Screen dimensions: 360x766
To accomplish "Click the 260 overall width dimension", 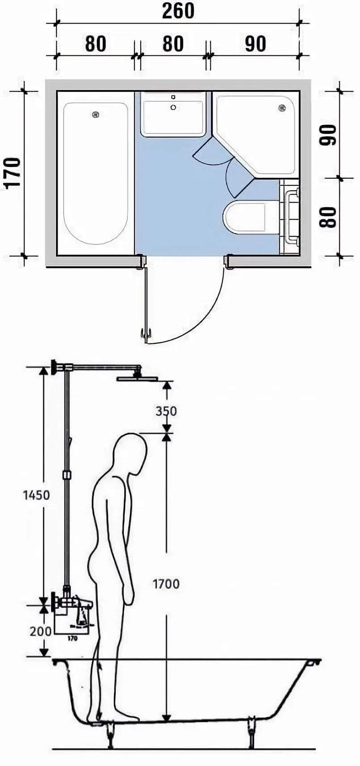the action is tap(178, 11).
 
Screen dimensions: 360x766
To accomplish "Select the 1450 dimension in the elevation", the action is tap(37, 495).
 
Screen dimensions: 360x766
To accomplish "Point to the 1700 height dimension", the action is tap(166, 583).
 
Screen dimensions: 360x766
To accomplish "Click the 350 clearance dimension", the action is tap(166, 410).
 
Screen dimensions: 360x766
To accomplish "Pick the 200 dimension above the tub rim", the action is tap(41, 631).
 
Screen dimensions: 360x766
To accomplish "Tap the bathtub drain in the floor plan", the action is tap(95, 115).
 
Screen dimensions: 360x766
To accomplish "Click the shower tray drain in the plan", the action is tap(282, 108).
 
